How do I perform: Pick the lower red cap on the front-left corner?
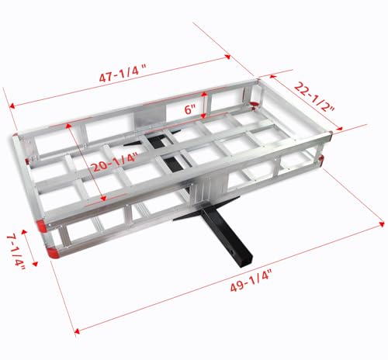point(51,252)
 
